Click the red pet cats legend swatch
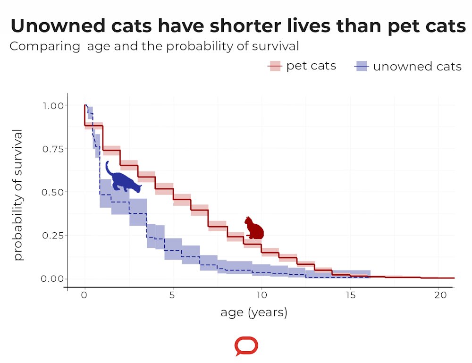[x=275, y=67]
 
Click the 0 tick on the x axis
[x=84, y=295]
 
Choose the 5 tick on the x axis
[x=173, y=295]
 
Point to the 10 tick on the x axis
[x=261, y=295]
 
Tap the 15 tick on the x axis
[x=349, y=295]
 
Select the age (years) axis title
[x=253, y=312]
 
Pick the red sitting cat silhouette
[x=254, y=228]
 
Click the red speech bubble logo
[x=246, y=346]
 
